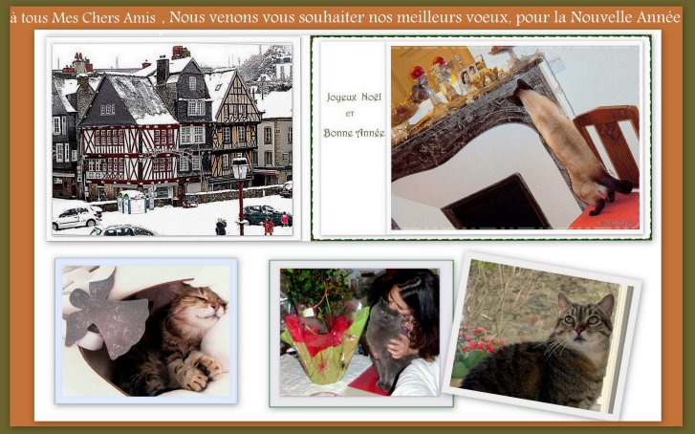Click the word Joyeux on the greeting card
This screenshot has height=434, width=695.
pos(341,98)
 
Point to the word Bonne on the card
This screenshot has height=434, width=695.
pos(337,133)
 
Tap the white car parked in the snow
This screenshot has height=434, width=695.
pos(76,217)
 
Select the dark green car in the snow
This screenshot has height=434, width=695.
pos(264,215)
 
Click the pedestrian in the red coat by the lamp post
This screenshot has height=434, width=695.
pos(268,227)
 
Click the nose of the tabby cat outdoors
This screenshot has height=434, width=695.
pos(579,330)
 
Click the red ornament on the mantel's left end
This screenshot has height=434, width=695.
pos(417,72)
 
